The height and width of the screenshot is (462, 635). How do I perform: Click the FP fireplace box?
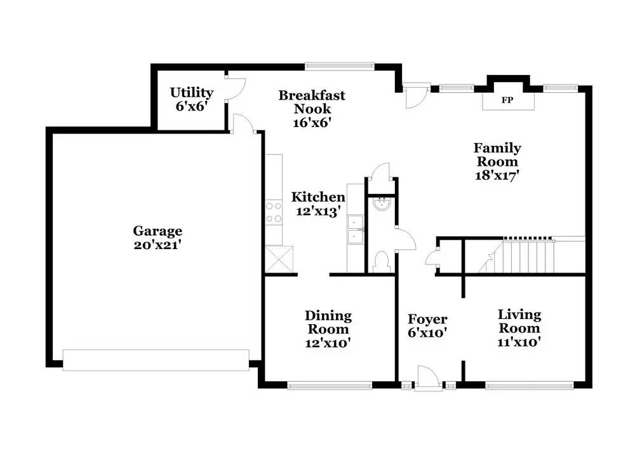[507, 100]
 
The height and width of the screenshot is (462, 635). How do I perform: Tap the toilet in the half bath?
[382, 262]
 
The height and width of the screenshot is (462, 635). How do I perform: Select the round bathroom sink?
[382, 205]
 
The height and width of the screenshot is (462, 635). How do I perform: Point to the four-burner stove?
[274, 212]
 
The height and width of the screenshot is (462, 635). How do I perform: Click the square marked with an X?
[280, 260]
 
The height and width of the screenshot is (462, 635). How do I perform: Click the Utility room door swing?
[235, 89]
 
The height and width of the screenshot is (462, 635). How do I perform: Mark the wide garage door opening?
[156, 360]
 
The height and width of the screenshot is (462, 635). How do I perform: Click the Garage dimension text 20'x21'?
[157, 245]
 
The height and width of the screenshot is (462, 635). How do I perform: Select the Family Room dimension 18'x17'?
[497, 175]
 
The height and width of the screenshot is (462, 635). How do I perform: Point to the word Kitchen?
[318, 197]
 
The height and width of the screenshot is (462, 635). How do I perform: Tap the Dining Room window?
[330, 384]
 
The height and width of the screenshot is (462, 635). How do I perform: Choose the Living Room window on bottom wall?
[530, 384]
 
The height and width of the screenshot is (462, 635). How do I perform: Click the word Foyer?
[427, 319]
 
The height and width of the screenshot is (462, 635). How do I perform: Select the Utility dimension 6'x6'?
[192, 106]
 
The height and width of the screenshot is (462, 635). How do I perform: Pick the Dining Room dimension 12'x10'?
[328, 343]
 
